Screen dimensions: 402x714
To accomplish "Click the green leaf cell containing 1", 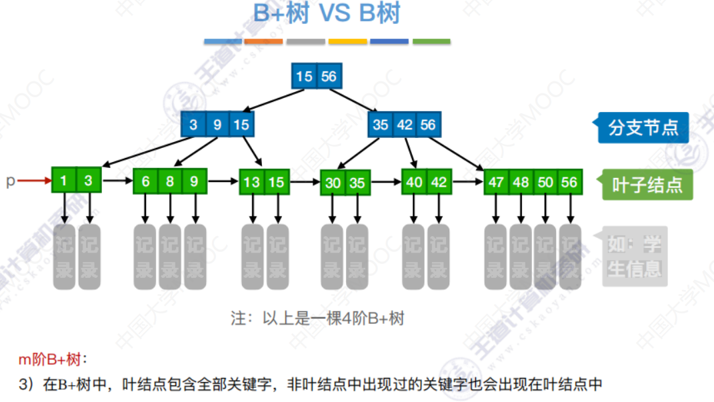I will point(64,180).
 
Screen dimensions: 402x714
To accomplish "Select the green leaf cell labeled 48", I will point(521,182).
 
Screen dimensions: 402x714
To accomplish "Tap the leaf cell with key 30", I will point(332,182).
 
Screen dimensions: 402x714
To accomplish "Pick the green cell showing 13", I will point(252,182).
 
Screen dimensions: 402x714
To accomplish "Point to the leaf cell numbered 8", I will point(170,181).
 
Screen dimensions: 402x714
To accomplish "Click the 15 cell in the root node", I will point(304,77).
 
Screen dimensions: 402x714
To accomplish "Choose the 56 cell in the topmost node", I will point(329,77).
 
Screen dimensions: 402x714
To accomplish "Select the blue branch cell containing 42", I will point(404,125).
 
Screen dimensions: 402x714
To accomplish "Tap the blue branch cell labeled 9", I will point(217,125).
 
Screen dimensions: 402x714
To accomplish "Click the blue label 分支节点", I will point(643,127).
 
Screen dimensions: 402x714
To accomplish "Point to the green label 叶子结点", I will point(647,185).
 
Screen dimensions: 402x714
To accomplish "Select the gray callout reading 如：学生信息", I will point(634,257).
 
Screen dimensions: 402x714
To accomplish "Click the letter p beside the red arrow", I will point(10,181).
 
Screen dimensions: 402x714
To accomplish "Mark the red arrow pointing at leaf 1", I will point(34,180).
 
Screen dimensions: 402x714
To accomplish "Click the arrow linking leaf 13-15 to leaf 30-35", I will point(305,181).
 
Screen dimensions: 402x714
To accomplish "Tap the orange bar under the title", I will point(263,41).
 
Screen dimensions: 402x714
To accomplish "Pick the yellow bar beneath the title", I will point(347,41).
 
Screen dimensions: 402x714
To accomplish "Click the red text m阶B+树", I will point(53,361).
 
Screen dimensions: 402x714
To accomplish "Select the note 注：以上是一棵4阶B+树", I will point(317,319).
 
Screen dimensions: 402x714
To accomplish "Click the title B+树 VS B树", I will point(327,15).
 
